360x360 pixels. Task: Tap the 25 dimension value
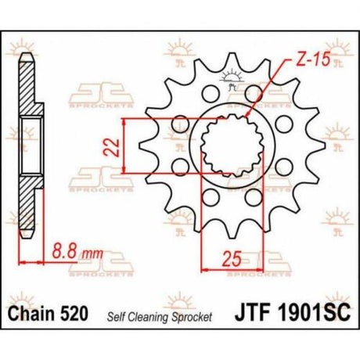click(232, 259)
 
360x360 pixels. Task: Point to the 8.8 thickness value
click(64, 250)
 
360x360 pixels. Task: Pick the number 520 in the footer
click(74, 313)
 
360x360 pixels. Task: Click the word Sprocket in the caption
click(192, 317)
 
